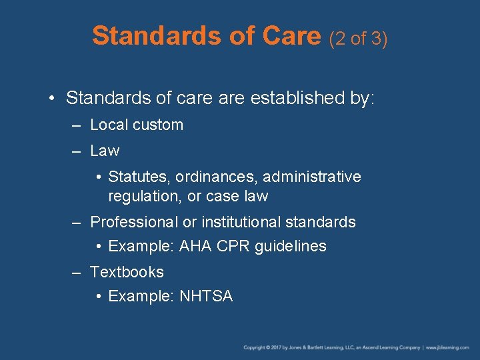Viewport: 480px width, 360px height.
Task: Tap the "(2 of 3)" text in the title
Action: (359, 39)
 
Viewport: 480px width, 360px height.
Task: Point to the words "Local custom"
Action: (137, 125)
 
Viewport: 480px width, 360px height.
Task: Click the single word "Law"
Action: (105, 151)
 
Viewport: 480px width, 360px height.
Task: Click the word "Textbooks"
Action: (127, 272)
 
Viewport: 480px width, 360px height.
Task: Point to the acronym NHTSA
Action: (206, 297)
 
